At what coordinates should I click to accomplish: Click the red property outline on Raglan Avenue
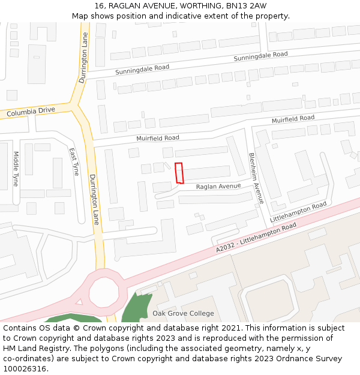[178, 173]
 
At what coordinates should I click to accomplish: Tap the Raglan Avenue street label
[218, 186]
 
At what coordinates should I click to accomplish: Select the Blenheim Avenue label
[256, 178]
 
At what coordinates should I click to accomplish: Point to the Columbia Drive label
[31, 112]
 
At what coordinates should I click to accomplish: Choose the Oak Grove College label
[183, 313]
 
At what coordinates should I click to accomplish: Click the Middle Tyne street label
[16, 169]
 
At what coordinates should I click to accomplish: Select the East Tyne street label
[74, 162]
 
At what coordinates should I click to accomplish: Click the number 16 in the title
[99, 6]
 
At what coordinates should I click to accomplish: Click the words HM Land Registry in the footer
[37, 349]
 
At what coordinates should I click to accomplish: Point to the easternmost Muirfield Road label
[293, 119]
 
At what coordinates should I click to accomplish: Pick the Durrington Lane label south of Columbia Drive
[93, 199]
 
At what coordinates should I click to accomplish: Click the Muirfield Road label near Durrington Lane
[158, 138]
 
